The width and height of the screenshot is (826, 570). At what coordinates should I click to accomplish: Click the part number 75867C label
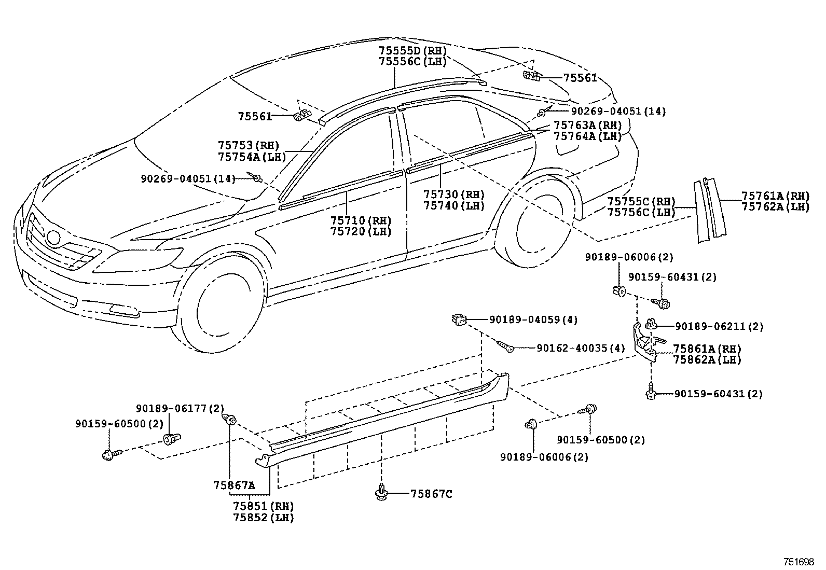431,494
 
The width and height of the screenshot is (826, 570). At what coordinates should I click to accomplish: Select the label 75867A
234,485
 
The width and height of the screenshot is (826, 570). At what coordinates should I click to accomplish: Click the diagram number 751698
799,562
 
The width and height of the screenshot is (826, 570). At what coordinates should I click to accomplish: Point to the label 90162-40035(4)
581,348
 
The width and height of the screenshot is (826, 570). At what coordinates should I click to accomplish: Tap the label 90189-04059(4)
533,319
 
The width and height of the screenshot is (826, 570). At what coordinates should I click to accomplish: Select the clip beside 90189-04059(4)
459,319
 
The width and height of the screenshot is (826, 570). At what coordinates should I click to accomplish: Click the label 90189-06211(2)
719,326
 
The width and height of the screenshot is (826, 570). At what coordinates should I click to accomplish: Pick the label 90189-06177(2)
180,408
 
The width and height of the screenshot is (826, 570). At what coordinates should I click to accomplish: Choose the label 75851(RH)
263,506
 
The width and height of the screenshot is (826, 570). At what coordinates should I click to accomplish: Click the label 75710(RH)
361,220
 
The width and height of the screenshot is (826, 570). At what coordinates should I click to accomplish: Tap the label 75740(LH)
453,205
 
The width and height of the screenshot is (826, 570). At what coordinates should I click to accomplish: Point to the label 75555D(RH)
412,50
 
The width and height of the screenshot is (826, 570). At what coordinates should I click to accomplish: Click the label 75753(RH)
249,145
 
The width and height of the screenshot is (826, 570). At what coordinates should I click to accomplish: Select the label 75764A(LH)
587,136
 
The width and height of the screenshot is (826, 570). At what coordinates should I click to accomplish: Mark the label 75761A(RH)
776,196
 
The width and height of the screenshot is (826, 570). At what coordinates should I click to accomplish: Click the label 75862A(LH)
707,359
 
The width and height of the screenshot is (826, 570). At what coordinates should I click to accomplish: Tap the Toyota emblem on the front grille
54,238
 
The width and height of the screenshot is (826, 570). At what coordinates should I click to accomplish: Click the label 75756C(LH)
641,212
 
